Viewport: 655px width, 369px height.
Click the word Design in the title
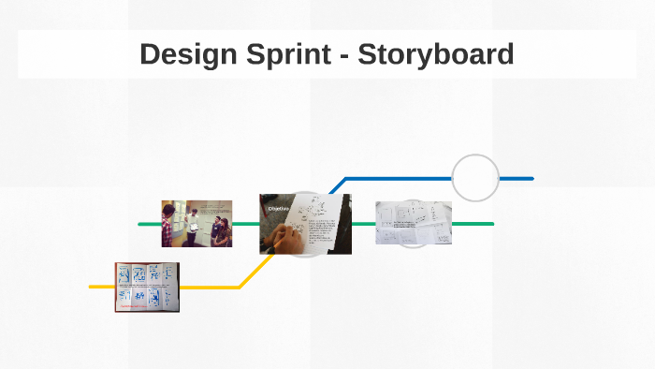click(x=186, y=54)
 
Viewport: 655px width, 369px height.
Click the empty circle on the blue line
click(x=475, y=178)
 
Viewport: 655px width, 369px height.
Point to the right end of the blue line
click(x=531, y=178)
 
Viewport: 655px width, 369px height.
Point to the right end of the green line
click(x=490, y=224)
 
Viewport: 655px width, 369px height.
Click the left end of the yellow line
click(x=92, y=286)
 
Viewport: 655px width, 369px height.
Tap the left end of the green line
click(x=140, y=224)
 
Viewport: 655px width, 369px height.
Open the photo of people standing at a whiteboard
click(x=196, y=223)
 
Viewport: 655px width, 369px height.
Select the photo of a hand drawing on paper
click(x=305, y=224)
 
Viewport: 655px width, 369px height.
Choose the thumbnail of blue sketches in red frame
click(x=147, y=287)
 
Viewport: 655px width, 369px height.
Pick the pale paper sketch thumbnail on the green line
click(x=413, y=223)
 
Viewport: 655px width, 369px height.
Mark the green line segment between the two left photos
click(x=246, y=224)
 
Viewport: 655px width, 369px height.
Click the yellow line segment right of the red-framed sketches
click(x=209, y=286)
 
